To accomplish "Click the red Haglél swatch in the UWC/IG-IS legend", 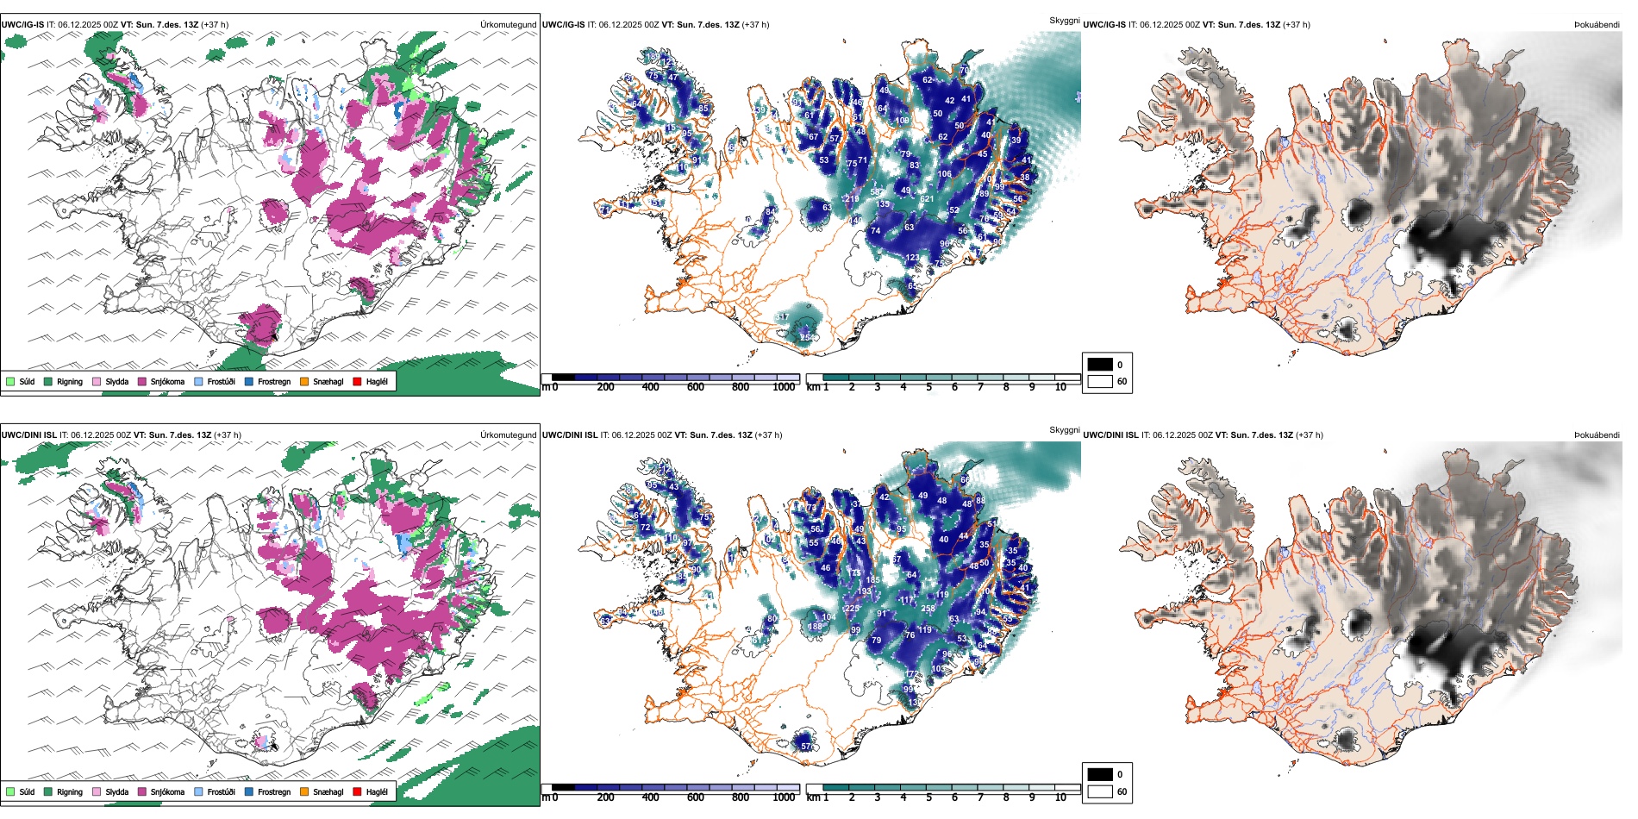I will click(x=358, y=382).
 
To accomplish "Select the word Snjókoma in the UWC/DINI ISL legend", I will click(x=167, y=792).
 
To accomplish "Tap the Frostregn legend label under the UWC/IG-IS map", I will click(x=274, y=382).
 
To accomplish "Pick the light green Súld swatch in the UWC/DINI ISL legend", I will click(x=10, y=792).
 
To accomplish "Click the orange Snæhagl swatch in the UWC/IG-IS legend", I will click(x=304, y=382).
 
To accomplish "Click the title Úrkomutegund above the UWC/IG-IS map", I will click(x=508, y=25).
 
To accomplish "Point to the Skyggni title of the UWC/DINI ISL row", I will click(x=1064, y=430).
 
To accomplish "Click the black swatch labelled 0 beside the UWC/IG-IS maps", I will click(x=1100, y=365).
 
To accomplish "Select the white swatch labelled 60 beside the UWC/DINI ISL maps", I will click(x=1100, y=791).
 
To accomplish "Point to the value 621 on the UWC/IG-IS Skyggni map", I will click(x=927, y=199).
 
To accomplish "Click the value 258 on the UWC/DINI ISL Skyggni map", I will click(x=928, y=609).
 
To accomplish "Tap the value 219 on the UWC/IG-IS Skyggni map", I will click(x=852, y=199).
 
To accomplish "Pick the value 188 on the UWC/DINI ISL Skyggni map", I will click(x=815, y=627).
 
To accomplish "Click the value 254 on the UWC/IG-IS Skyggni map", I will click(x=807, y=337).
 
